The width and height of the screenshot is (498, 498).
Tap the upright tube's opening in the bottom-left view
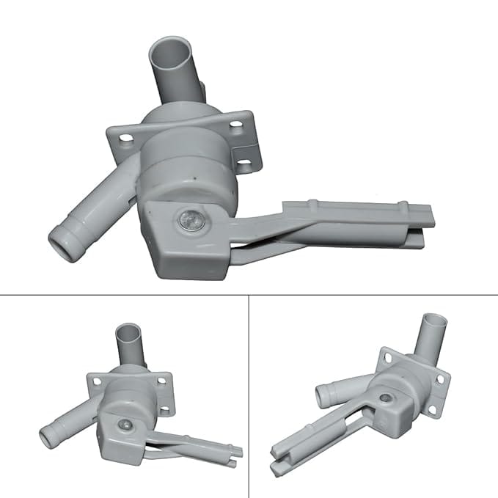point(130,330)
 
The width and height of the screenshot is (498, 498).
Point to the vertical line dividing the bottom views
point(249,396)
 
